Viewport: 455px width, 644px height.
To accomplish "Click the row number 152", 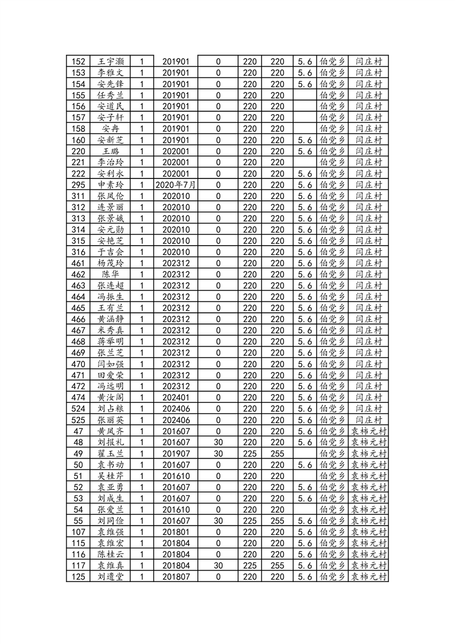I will click(79, 61).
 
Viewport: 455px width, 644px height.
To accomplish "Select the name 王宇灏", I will click(111, 61).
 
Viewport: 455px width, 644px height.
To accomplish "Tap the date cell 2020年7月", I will click(176, 185).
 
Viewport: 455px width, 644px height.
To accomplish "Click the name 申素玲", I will click(111, 185).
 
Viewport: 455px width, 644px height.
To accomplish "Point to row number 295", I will click(79, 185).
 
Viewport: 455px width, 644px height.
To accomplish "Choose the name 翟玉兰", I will click(111, 453).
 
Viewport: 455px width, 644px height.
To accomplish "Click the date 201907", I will click(176, 453).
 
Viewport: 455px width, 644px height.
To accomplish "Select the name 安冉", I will click(111, 129).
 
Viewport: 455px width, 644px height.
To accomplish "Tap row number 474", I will click(79, 397).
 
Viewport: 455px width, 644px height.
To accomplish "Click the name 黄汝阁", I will click(111, 397).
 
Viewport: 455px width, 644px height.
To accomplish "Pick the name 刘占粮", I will click(111, 409).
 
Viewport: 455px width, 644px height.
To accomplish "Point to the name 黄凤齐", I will click(111, 431).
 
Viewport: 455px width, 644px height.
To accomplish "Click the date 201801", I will click(176, 532).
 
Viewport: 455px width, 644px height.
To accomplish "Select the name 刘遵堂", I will click(111, 576).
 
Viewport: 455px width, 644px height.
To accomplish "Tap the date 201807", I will click(176, 576).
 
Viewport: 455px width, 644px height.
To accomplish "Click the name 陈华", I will click(111, 274).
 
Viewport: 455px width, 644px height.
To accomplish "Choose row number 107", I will click(79, 532).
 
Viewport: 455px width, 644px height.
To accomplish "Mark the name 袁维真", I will click(111, 565).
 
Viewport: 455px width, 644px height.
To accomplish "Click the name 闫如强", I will click(111, 364).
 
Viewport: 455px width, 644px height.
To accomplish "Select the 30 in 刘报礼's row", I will click(218, 442).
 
